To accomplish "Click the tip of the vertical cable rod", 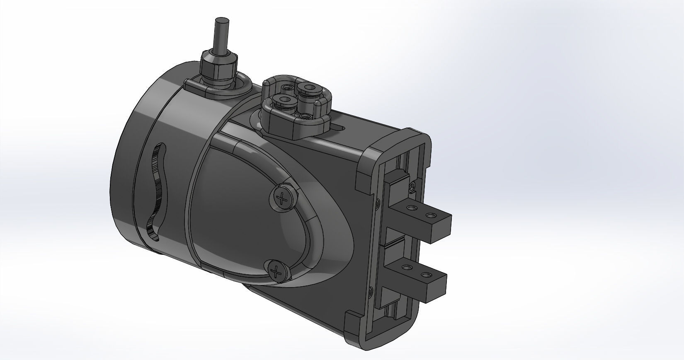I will pyautogui.click(x=222, y=21).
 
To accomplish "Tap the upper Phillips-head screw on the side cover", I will pyautogui.click(x=284, y=199).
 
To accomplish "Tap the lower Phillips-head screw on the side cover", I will pyautogui.click(x=276, y=272).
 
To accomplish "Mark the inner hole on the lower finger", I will pyautogui.click(x=408, y=268).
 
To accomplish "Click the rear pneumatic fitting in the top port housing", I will pyautogui.click(x=308, y=88).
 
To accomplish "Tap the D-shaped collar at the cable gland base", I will pyautogui.click(x=218, y=87).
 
